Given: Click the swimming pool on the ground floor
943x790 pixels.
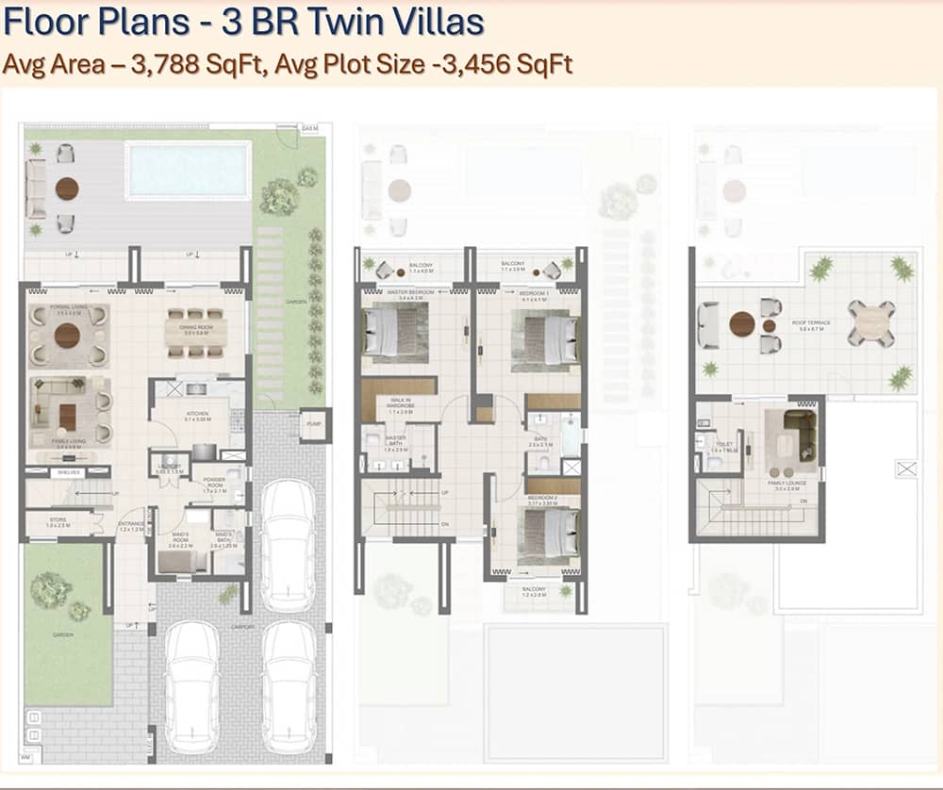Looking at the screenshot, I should point(190,171).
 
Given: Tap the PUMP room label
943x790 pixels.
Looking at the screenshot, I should point(314,424).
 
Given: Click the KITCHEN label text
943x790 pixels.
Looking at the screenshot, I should point(196,412).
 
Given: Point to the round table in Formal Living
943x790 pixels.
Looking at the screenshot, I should point(67,336).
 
